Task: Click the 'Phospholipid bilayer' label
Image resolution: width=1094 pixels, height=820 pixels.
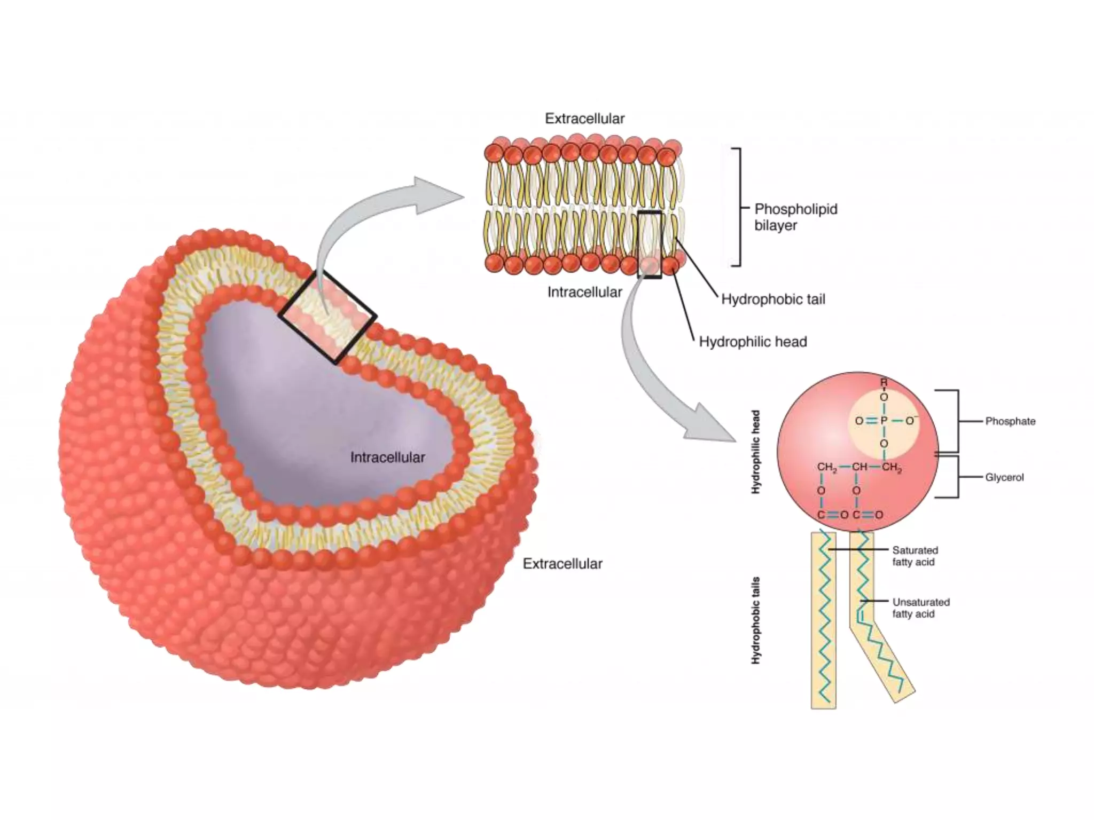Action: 795,217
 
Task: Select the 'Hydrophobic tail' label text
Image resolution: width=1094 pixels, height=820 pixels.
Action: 773,299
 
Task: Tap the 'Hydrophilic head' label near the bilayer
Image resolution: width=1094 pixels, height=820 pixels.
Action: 753,342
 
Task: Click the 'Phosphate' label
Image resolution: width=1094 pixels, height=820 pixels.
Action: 1010,421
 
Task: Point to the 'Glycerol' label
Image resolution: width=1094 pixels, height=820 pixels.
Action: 1004,477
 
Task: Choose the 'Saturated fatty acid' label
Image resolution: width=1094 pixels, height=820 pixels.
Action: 915,556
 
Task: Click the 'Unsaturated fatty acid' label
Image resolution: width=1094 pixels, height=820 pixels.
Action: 921,608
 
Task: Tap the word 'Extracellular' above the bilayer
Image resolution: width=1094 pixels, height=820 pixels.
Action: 584,119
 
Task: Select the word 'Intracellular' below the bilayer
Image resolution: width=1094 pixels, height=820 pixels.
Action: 584,292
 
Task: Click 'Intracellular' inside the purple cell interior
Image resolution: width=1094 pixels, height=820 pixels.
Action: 387,457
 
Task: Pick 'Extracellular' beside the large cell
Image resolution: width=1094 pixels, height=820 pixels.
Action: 562,563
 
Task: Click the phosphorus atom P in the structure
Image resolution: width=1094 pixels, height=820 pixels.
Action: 884,421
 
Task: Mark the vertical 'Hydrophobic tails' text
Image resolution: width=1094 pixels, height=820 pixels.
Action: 756,620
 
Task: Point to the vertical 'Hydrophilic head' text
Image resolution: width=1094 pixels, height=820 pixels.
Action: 756,452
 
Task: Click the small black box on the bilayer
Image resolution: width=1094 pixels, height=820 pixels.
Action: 650,245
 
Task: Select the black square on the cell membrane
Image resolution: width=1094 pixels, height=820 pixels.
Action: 327,317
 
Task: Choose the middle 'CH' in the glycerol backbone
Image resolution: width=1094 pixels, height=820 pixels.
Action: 859,467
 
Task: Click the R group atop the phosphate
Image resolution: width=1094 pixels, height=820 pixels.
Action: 884,382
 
